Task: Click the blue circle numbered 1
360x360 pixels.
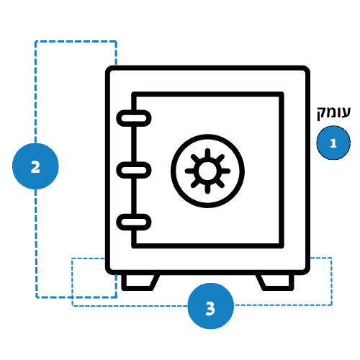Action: tap(333, 143)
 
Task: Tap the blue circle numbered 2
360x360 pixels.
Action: tap(35, 166)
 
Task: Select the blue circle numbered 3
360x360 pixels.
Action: tap(210, 306)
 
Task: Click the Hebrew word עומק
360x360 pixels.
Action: tap(333, 113)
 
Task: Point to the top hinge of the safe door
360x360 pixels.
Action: tap(134, 118)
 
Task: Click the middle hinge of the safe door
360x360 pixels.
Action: tap(134, 170)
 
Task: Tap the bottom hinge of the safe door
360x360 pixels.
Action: tap(134, 222)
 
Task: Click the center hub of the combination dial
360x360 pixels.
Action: tap(207, 171)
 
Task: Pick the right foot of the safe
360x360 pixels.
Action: tap(275, 282)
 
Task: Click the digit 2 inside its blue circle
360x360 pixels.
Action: tap(35, 167)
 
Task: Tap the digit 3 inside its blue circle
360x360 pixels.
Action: tap(210, 308)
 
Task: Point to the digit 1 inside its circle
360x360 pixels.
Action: tap(333, 143)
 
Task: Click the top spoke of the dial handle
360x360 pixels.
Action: tap(207, 153)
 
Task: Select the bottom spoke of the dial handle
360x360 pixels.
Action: tap(207, 189)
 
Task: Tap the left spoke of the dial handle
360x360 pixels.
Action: tap(190, 171)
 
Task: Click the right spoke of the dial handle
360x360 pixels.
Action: tap(225, 171)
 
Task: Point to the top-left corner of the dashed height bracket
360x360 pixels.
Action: tap(35, 42)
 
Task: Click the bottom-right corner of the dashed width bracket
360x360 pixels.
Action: tap(331, 305)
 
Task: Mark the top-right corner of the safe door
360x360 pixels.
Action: tap(282, 94)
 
